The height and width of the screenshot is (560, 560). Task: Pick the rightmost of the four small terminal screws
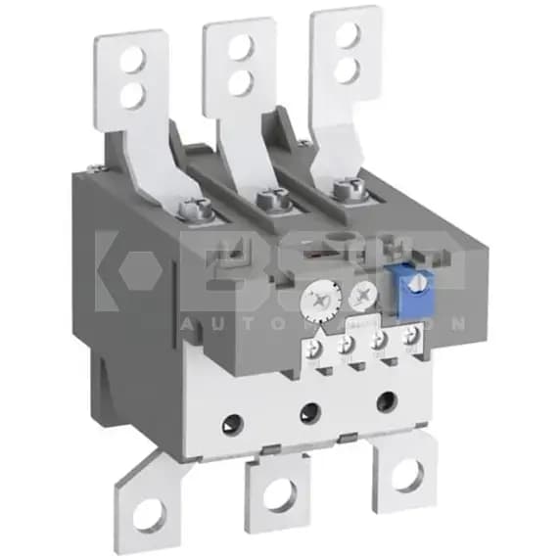tap(409, 336)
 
